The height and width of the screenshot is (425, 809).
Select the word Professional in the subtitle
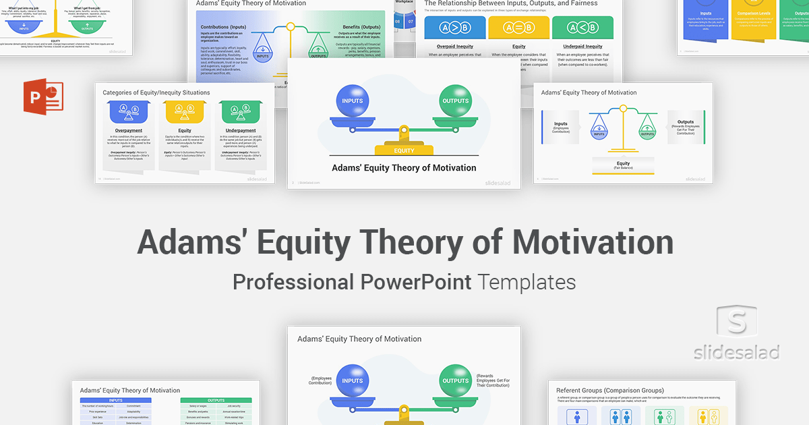293,281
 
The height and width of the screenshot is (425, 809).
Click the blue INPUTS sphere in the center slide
353,101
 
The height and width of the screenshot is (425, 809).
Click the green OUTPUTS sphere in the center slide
456,101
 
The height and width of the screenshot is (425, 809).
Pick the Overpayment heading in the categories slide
129,130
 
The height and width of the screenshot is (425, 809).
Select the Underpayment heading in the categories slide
241,130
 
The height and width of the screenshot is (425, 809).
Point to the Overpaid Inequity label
455,47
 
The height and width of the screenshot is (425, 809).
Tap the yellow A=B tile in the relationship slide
519,28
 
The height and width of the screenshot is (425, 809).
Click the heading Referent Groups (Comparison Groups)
609,390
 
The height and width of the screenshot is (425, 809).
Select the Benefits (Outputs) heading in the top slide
361,27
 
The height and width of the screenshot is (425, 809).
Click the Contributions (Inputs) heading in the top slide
223,27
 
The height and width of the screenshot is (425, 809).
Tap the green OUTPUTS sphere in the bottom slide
456,380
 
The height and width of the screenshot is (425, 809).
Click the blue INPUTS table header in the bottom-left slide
115,400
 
